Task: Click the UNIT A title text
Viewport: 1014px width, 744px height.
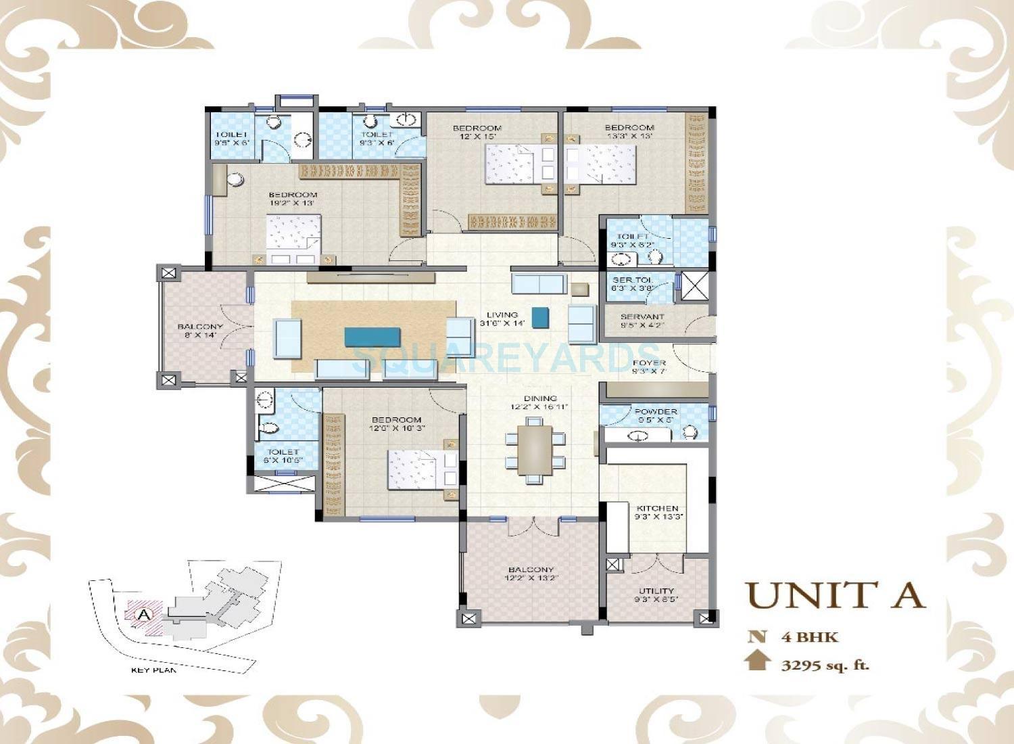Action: [836, 595]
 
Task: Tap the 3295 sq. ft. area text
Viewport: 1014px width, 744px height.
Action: [825, 665]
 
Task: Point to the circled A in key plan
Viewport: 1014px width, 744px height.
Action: [143, 615]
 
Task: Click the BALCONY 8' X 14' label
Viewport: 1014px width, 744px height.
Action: [200, 331]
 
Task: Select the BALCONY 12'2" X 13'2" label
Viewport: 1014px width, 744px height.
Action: [531, 574]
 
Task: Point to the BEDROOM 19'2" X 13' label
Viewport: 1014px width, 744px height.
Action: [293, 199]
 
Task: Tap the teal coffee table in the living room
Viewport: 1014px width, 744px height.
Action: [372, 337]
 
